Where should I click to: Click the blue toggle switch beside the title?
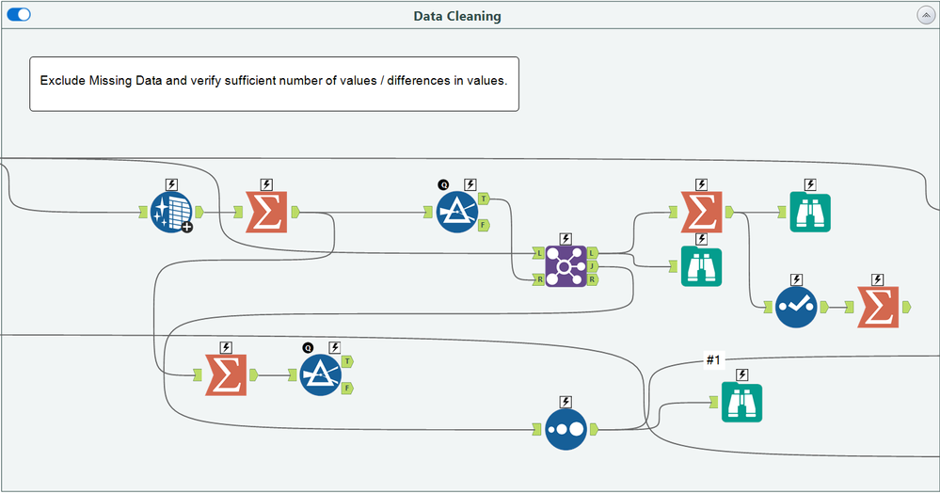(x=19, y=15)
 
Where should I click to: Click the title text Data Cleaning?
(x=457, y=16)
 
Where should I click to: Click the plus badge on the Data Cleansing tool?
(x=186, y=227)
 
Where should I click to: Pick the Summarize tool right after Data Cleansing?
(x=265, y=213)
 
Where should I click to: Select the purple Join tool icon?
(x=566, y=267)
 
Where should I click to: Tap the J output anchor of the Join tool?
(x=592, y=267)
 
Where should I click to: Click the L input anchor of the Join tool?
(x=539, y=254)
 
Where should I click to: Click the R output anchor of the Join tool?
(x=592, y=280)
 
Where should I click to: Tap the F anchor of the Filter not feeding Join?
(x=348, y=388)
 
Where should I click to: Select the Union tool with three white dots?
(x=566, y=429)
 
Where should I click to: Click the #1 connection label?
(x=713, y=360)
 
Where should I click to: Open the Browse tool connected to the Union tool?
(x=741, y=403)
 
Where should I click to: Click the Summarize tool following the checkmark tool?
(x=877, y=308)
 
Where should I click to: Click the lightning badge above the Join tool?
(x=566, y=239)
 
